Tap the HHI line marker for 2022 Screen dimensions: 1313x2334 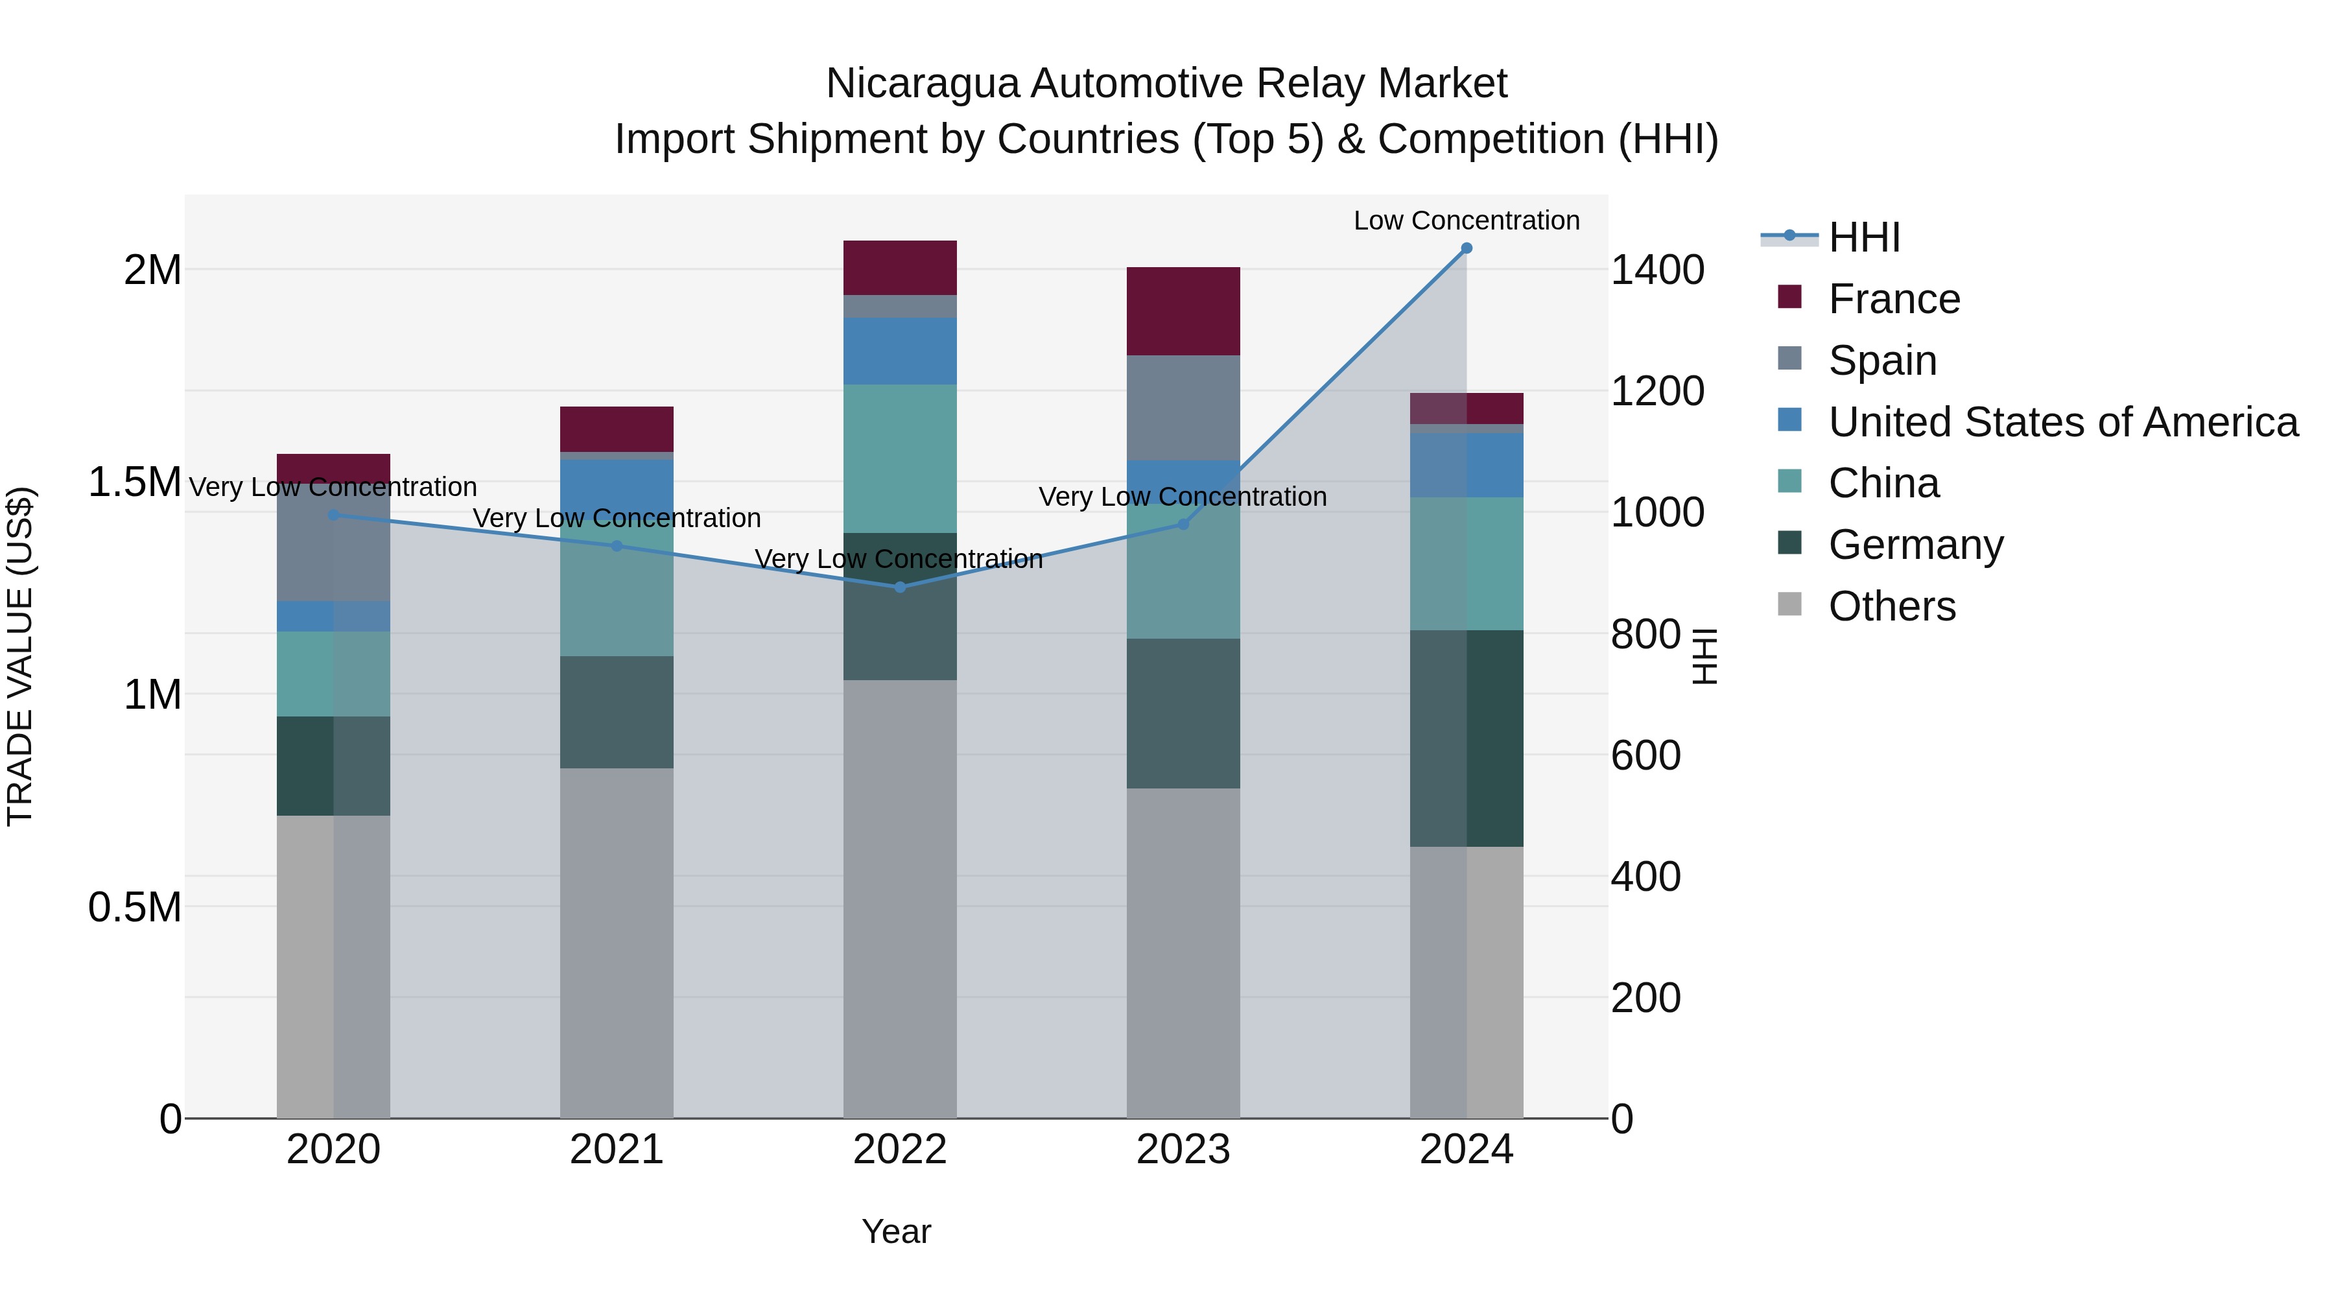tap(900, 587)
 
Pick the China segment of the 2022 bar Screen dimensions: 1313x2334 tap(900, 458)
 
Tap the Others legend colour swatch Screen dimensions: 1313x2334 tap(1789, 604)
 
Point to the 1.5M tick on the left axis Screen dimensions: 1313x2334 tap(134, 482)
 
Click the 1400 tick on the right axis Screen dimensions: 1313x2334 tap(1657, 270)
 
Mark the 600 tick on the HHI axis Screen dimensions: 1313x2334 tap(1645, 756)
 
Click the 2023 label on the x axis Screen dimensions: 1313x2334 tap(1183, 1150)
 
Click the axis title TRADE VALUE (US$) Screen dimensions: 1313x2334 tap(20, 656)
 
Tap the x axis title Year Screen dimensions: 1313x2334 tap(896, 1231)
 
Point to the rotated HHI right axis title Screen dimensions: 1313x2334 tap(1704, 656)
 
